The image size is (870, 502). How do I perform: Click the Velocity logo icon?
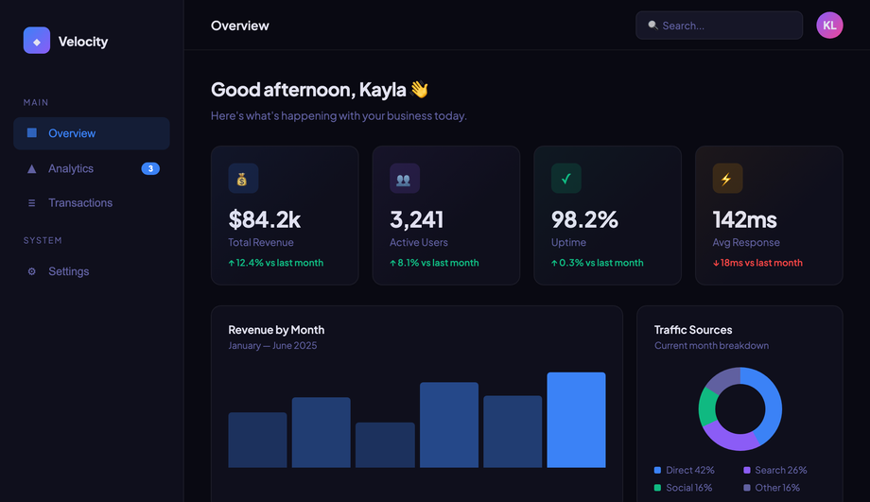(37, 41)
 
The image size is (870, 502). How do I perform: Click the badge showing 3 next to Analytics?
(150, 168)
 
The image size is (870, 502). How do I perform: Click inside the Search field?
(719, 26)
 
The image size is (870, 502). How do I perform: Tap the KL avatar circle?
(829, 26)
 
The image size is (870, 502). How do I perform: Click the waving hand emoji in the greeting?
(420, 89)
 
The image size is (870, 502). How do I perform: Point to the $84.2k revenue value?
(264, 219)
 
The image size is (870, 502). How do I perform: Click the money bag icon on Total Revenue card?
(243, 178)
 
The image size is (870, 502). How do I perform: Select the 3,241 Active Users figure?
(416, 219)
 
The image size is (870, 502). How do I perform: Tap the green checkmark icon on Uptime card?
(565, 178)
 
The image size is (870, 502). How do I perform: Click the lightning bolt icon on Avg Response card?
(727, 178)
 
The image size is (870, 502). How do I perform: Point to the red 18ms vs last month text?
(757, 263)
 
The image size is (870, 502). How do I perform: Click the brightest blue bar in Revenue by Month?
(576, 420)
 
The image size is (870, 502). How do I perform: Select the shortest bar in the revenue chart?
(385, 445)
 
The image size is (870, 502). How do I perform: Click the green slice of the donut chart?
(707, 406)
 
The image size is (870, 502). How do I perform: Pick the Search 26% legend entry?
(775, 471)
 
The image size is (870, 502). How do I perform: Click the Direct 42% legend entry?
(684, 471)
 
